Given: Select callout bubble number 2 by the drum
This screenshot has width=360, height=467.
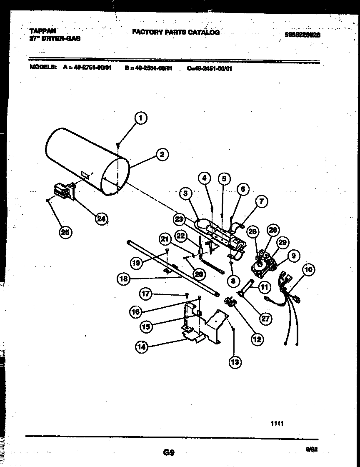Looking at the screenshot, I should (162, 154).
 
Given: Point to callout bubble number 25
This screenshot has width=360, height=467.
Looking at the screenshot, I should (65, 232).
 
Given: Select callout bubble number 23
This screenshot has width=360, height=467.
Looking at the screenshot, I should (179, 219).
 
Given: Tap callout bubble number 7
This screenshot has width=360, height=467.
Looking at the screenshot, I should (261, 201).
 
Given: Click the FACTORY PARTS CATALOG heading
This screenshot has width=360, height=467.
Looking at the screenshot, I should (175, 32).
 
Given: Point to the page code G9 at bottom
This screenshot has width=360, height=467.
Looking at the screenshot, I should (169, 452).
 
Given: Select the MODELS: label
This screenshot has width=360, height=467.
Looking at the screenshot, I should (43, 68).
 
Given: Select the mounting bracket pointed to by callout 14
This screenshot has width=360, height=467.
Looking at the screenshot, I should (200, 325).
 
